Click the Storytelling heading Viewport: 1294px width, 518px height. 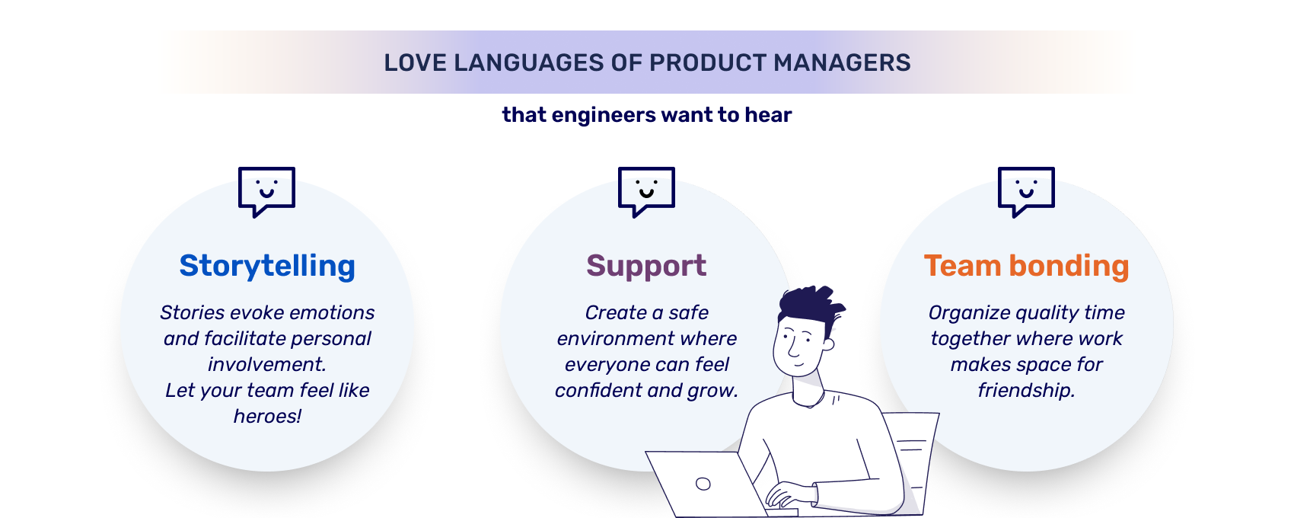pos(267,266)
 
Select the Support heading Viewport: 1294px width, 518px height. pos(646,266)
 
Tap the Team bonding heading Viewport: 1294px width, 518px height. pos(1026,266)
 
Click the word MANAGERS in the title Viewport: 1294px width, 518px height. pos(842,62)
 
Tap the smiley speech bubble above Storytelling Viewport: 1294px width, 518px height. pos(266,190)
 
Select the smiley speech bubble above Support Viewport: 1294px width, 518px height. pos(646,190)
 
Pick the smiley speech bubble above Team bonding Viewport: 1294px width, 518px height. pos(1026,190)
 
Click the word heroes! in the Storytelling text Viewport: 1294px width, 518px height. pos(267,416)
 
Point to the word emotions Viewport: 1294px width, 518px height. pos(332,312)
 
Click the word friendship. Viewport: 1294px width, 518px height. pos(1026,390)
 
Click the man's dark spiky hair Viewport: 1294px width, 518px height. pos(808,305)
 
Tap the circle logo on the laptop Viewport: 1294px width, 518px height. pos(703,484)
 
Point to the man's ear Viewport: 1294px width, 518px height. pos(828,344)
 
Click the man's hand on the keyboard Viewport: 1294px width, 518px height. pos(784,497)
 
